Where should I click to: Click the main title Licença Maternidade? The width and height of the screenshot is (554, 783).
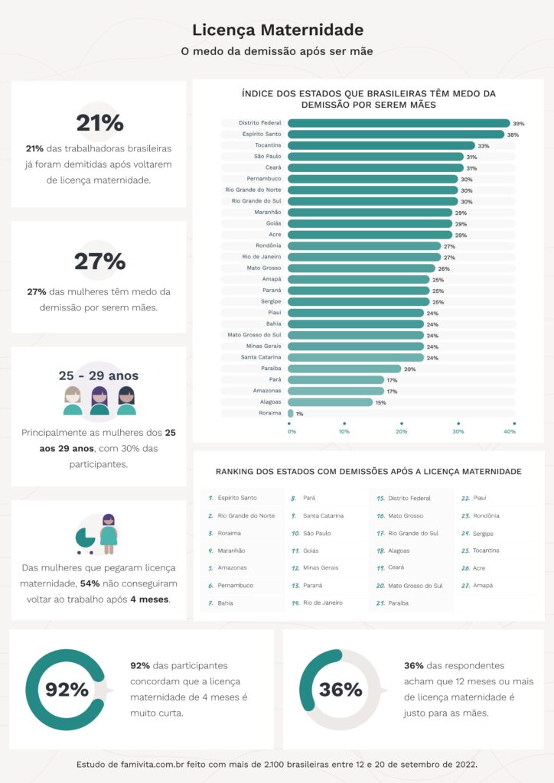click(277, 31)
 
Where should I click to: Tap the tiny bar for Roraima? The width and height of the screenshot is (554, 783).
click(291, 413)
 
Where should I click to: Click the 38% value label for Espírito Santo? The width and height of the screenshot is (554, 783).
click(513, 135)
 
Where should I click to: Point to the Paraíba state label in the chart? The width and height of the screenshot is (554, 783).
click(269, 369)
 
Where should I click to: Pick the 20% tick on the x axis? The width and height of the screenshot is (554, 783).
click(401, 432)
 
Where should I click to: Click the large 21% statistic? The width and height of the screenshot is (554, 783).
click(99, 123)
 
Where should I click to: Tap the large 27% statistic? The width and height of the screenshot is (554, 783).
click(99, 262)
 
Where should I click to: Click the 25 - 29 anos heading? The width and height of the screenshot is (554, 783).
click(99, 376)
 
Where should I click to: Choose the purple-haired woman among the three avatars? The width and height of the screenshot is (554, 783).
click(99, 400)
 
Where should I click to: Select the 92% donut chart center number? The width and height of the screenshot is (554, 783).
click(67, 690)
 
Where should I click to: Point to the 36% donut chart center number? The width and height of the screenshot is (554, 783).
click(340, 690)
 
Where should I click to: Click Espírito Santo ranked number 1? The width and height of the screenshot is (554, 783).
click(237, 498)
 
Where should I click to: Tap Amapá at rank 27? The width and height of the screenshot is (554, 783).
click(483, 586)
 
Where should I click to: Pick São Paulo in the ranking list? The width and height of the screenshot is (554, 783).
click(317, 533)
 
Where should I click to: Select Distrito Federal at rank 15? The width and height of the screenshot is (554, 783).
click(409, 498)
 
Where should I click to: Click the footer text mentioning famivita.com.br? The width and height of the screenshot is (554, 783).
click(277, 764)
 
